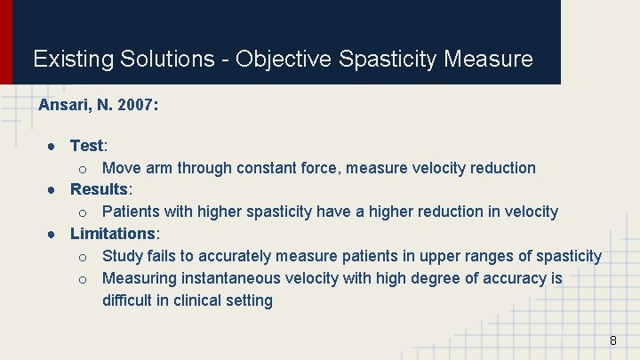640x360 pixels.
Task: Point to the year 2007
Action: (x=137, y=105)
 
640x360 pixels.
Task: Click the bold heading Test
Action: (x=87, y=145)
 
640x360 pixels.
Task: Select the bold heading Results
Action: (x=100, y=189)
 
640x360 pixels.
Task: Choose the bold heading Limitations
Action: (x=113, y=234)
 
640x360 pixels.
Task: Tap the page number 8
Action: (x=612, y=340)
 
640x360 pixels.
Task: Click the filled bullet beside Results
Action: (x=53, y=189)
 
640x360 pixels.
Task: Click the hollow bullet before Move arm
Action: (x=82, y=168)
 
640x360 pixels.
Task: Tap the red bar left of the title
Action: (x=6, y=42)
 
